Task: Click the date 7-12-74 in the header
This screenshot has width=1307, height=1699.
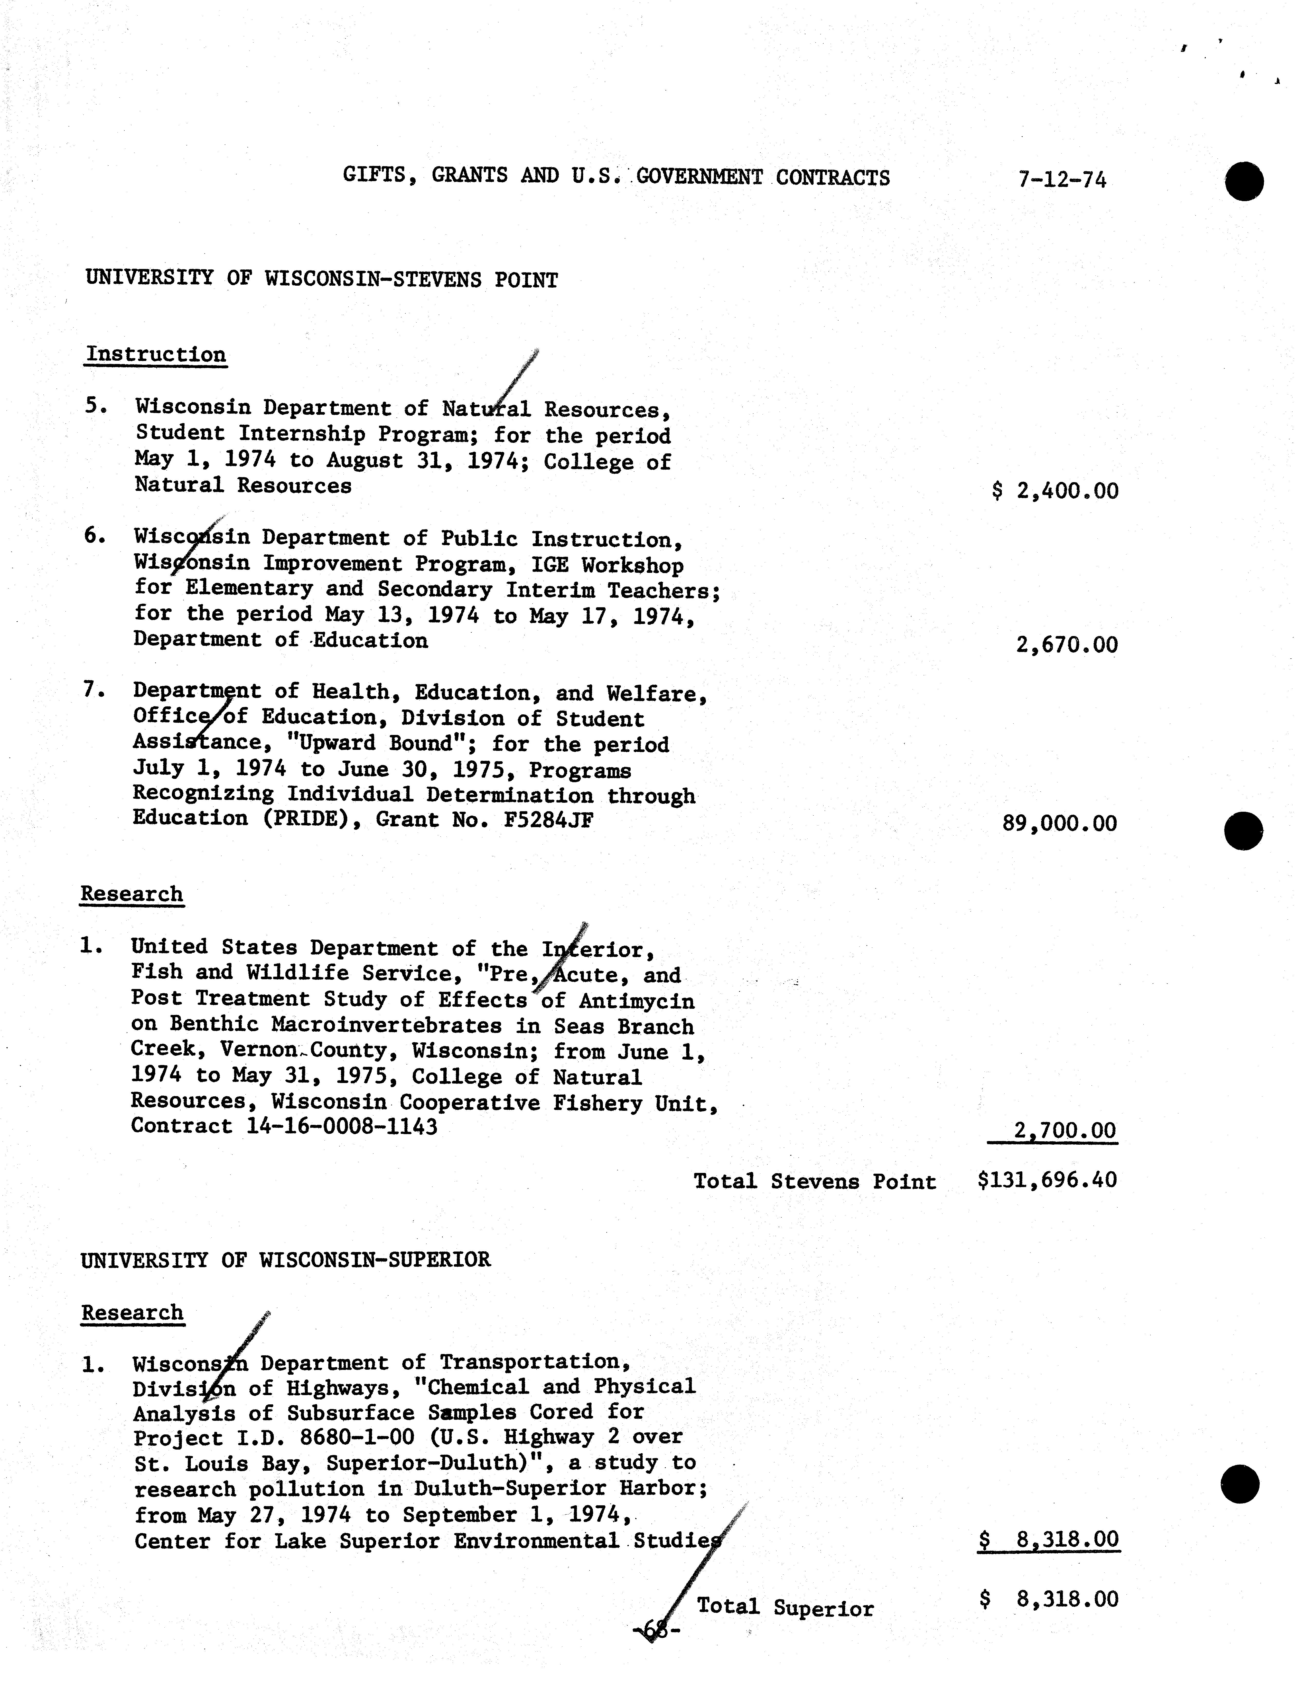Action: tap(1061, 180)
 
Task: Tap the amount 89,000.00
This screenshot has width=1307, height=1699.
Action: tap(1060, 823)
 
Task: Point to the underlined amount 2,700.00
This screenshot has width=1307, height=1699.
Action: tap(1064, 1130)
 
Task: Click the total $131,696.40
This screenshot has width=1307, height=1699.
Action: tap(1047, 1180)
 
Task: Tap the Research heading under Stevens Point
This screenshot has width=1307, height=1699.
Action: tap(132, 894)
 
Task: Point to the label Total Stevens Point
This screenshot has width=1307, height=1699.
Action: tap(815, 1182)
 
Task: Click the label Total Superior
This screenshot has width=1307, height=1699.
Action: tap(785, 1607)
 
